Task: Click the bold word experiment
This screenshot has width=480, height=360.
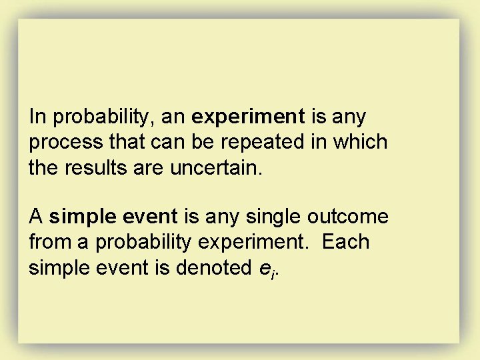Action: tap(247, 117)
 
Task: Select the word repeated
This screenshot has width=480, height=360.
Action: tap(259, 143)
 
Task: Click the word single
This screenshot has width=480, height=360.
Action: tap(275, 217)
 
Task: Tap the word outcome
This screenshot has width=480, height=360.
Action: tap(348, 217)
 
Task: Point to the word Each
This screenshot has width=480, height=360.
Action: tap(345, 242)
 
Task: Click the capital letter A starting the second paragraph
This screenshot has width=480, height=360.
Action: tap(36, 217)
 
